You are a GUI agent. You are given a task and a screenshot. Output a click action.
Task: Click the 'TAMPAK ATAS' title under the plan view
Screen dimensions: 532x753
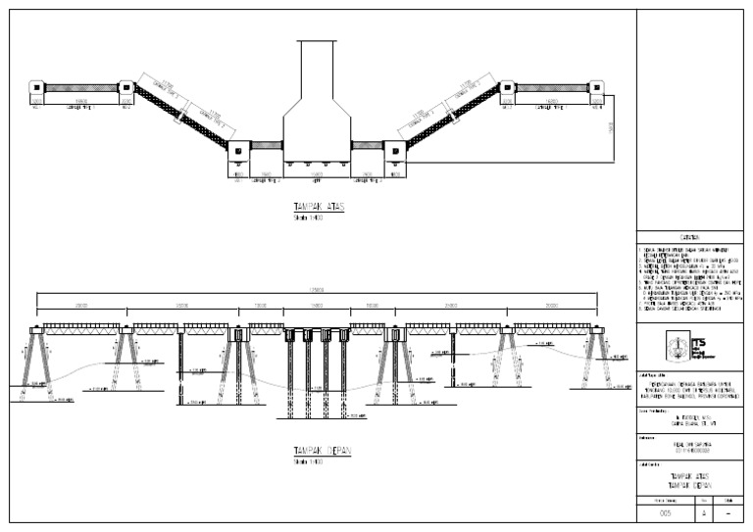coord(319,208)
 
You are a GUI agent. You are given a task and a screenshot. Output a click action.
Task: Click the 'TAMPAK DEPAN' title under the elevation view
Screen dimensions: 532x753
coord(323,452)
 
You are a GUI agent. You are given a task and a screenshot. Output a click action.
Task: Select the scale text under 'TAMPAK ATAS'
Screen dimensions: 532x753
coord(308,218)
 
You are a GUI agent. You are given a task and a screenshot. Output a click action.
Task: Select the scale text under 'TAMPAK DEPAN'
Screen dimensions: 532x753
coord(308,461)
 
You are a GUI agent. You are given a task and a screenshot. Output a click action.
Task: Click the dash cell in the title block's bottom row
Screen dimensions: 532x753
coord(729,512)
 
